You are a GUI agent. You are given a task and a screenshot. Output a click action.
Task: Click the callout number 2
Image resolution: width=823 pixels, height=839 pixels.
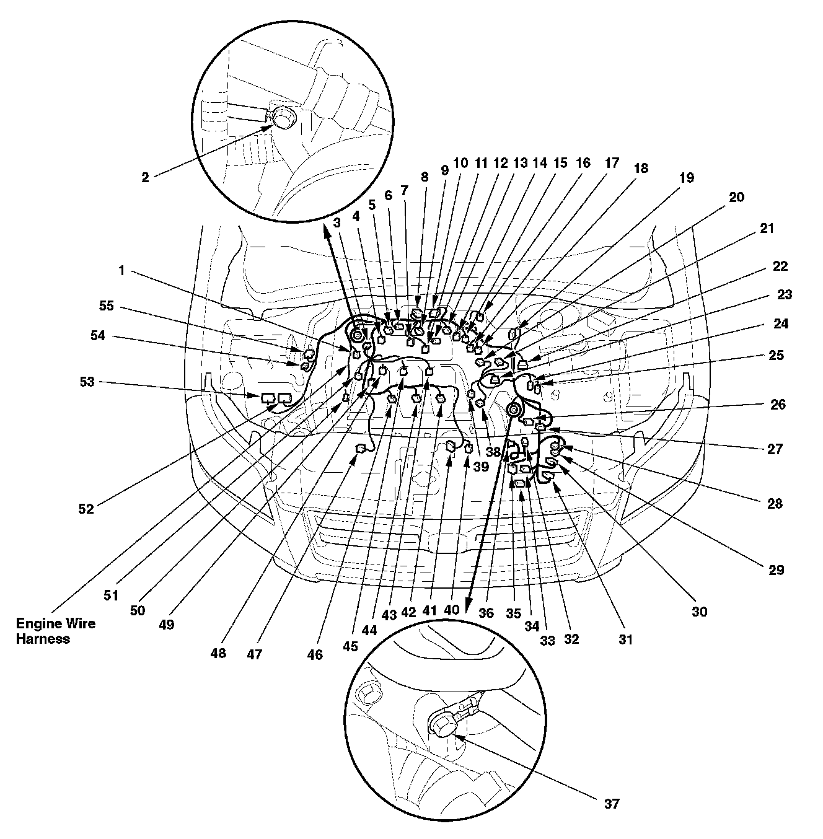click(x=145, y=177)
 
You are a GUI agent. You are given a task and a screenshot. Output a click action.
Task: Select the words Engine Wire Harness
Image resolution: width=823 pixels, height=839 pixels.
click(x=55, y=631)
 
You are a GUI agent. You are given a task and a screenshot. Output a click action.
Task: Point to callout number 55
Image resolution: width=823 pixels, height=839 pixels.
click(x=106, y=305)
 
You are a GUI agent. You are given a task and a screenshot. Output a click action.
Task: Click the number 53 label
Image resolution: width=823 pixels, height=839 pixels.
click(x=87, y=382)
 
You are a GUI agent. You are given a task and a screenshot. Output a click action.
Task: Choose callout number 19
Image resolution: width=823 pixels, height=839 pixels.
click(x=686, y=178)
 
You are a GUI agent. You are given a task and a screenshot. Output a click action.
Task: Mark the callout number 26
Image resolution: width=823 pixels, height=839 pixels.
click(x=778, y=405)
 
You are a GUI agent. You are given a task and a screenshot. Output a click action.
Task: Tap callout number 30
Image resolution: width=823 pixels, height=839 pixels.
click(x=700, y=612)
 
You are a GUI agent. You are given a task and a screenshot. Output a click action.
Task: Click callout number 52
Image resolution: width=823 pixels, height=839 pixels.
click(x=86, y=509)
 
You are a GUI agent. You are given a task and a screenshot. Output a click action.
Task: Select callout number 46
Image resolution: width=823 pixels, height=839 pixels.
click(x=315, y=654)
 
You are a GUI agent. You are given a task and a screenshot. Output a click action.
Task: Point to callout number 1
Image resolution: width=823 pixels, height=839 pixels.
click(x=122, y=270)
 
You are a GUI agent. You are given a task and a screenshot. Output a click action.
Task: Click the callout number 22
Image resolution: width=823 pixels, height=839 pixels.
click(x=780, y=266)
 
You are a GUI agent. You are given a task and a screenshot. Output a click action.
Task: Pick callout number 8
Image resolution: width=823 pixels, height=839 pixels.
click(x=425, y=177)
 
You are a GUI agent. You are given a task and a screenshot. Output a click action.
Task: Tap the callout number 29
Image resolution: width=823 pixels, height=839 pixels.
click(x=776, y=570)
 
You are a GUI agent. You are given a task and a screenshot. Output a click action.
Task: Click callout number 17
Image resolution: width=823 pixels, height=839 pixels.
click(x=612, y=163)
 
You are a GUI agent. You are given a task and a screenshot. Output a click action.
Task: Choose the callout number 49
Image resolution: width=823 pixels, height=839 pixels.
click(x=167, y=625)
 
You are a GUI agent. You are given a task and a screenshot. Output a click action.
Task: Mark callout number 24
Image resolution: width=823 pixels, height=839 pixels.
click(x=781, y=323)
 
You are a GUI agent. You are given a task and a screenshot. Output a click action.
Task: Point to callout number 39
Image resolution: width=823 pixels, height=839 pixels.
click(x=481, y=467)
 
